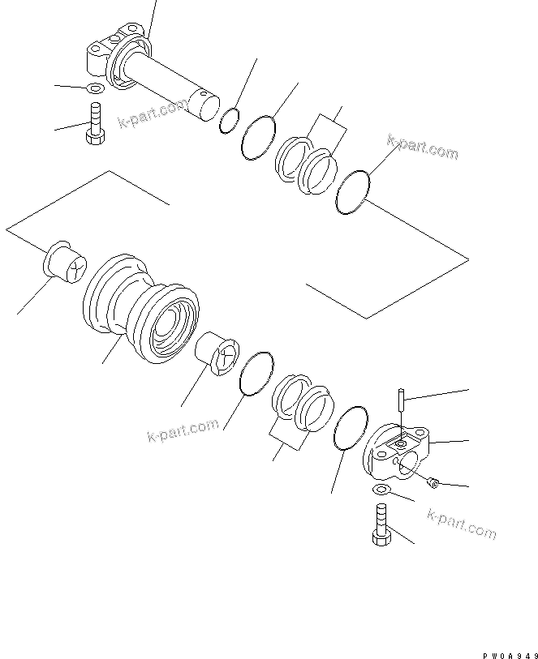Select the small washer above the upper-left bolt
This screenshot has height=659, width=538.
point(93,88)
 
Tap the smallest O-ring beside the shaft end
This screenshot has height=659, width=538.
point(230,120)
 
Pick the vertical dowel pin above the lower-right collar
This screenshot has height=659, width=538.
point(401,402)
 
